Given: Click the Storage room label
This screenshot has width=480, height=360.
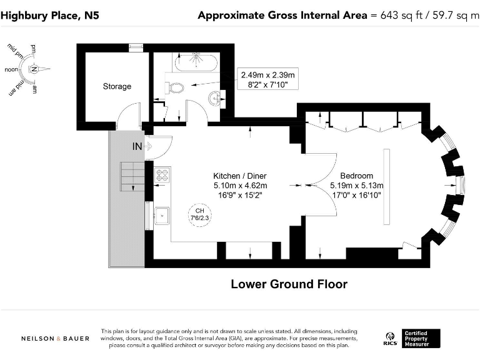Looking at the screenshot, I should (x=117, y=86).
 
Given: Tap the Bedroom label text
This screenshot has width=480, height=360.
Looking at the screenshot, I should (x=356, y=176).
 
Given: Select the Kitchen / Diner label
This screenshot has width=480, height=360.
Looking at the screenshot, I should (x=240, y=176).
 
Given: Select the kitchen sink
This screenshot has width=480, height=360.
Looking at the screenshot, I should (x=162, y=216).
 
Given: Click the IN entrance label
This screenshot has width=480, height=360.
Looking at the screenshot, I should (x=137, y=146).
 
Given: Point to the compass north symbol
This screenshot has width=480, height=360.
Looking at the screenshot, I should (x=36, y=69).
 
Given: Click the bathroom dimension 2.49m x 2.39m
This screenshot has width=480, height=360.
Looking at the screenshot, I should (x=267, y=75).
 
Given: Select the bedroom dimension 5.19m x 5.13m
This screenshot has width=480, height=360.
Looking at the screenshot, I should (x=356, y=186).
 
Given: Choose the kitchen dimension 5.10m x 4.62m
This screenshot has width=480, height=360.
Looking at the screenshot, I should (x=240, y=186).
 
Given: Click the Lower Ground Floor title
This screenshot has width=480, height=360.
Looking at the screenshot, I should (x=289, y=284).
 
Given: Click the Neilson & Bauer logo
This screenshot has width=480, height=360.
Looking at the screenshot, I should (x=55, y=338).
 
